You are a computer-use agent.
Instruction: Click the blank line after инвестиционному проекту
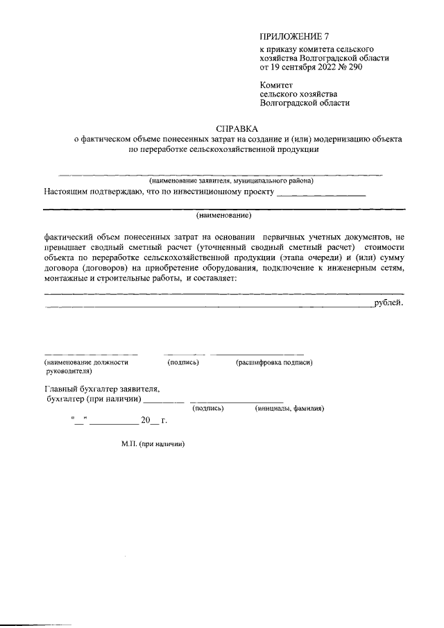(x=321, y=194)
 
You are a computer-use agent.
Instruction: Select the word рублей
(x=388, y=303)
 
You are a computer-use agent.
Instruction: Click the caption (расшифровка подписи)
(x=274, y=362)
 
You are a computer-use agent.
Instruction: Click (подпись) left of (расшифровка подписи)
(x=183, y=362)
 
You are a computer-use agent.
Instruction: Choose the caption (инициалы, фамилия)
(x=289, y=409)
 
